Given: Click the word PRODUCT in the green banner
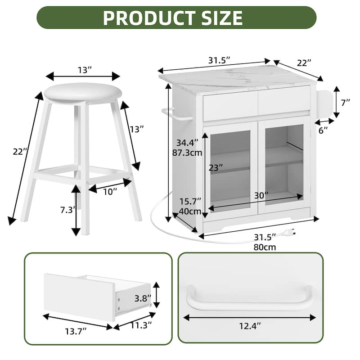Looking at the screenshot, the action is (x=149, y=18).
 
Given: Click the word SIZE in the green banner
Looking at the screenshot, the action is (x=222, y=18).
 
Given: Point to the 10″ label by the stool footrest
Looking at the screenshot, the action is (x=110, y=192).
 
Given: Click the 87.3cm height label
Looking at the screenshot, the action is (x=187, y=153).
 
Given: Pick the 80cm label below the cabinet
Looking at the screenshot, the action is (x=265, y=247).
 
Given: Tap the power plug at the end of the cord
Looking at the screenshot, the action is (x=289, y=233).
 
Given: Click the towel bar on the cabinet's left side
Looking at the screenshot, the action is (x=177, y=114).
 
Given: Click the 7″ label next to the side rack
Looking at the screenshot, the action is (x=345, y=103).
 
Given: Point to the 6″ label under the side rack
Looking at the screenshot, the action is (x=323, y=130).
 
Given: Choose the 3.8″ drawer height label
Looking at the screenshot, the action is (x=143, y=298).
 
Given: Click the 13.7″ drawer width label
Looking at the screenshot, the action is (x=76, y=331).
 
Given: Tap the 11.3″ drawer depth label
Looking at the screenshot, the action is (x=141, y=325).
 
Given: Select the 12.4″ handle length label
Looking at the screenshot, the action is (x=250, y=326).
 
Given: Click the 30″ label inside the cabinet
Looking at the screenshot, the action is (x=261, y=196).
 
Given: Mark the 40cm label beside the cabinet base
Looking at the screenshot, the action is (x=190, y=211).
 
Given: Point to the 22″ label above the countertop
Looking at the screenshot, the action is (x=304, y=63).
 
